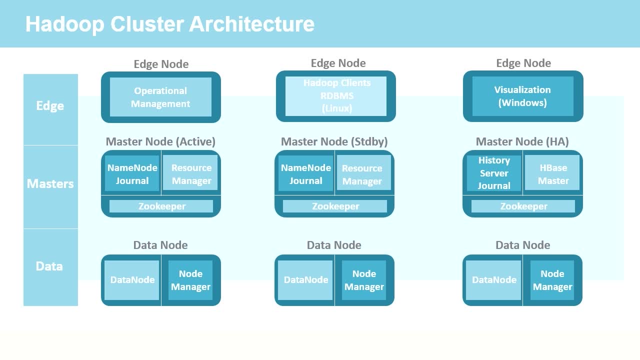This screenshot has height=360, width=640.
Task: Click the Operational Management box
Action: pyautogui.click(x=160, y=97)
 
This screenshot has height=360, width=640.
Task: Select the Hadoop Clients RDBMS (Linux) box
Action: pyautogui.click(x=336, y=96)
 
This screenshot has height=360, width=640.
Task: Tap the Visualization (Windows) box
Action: pyautogui.click(x=523, y=96)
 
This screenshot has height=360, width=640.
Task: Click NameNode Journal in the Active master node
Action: pyautogui.click(x=132, y=173)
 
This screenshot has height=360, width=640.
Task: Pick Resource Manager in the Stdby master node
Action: pyautogui.click(x=363, y=173)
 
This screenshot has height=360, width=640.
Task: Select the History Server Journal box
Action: pyautogui.click(x=494, y=173)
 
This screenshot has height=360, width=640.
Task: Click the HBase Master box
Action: pyautogui.click(x=552, y=172)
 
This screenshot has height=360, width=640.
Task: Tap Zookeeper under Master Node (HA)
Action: pyautogui.click(x=523, y=206)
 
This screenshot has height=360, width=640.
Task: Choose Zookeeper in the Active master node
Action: pyautogui.click(x=161, y=206)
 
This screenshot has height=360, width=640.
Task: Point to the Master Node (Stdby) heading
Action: pyautogui.click(x=334, y=141)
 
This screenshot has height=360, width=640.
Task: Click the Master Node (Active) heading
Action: pyautogui.click(x=160, y=141)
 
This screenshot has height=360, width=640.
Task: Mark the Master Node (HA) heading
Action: pyautogui.click(x=522, y=141)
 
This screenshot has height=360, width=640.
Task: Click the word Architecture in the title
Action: pyautogui.click(x=251, y=24)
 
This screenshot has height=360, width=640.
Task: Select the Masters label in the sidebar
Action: pyautogui.click(x=50, y=183)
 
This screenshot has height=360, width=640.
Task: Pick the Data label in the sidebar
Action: pyautogui.click(x=49, y=266)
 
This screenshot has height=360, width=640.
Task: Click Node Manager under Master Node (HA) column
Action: pyautogui.click(x=552, y=280)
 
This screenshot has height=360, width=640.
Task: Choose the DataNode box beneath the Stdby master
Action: pyautogui.click(x=305, y=280)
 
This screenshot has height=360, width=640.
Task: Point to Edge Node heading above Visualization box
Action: pyautogui.click(x=523, y=63)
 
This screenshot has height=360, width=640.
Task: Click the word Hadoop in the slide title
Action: pyautogui.click(x=65, y=24)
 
